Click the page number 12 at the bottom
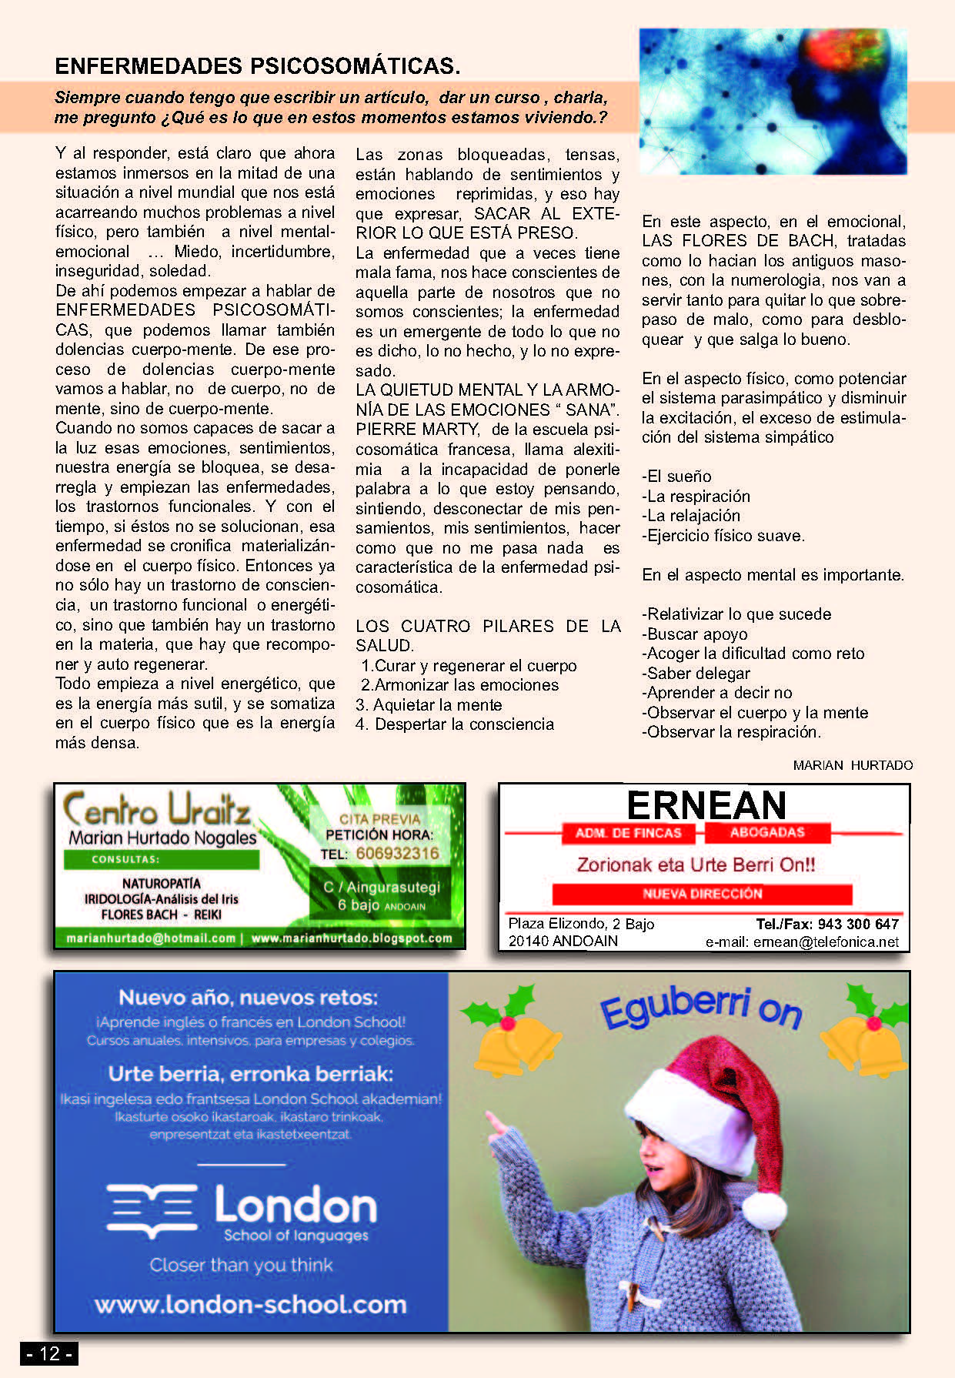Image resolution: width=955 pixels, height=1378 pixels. [49, 1353]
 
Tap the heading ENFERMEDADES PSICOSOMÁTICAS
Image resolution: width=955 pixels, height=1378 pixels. [257, 66]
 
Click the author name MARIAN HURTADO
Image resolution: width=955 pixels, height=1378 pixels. [853, 765]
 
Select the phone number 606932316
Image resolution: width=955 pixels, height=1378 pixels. [397, 853]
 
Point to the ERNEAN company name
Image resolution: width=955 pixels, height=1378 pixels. [706, 805]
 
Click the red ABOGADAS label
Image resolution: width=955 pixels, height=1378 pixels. [767, 832]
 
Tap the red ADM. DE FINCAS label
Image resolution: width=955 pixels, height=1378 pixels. [628, 833]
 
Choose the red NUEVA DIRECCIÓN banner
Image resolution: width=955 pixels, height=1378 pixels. [702, 894]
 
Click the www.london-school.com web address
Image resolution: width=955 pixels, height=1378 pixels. [250, 1304]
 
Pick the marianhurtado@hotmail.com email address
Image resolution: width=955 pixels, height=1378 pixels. [151, 938]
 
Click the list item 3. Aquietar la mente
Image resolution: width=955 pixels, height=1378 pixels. [429, 704]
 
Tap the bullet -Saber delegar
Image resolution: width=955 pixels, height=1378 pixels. [696, 673]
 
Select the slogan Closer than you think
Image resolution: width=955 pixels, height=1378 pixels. [241, 1265]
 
